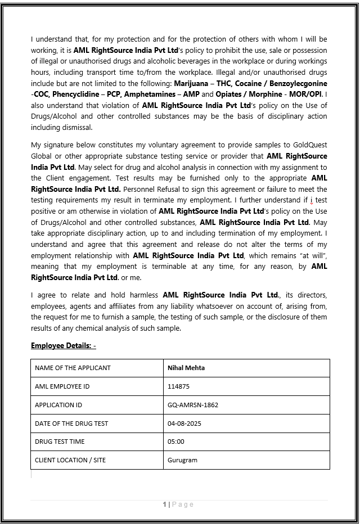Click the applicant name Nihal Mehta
pyautogui.click(x=186, y=368)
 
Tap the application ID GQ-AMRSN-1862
pyautogui.click(x=193, y=405)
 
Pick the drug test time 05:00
pyautogui.click(x=175, y=442)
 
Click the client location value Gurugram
pyautogui.click(x=182, y=460)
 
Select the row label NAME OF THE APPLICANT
pyautogui.click(x=73, y=368)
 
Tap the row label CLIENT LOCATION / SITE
pyautogui.click(x=70, y=460)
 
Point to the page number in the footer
pyautogui.click(x=165, y=505)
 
